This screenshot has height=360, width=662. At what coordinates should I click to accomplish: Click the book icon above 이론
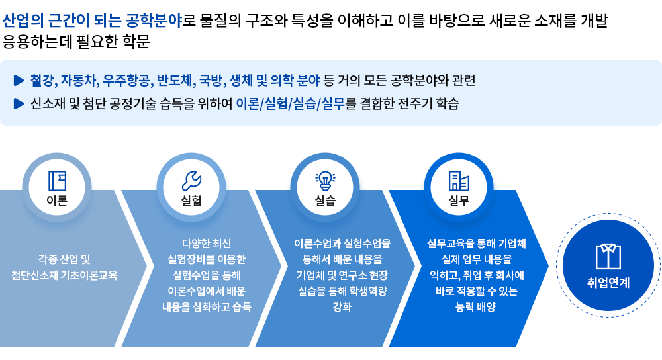coord(57,181)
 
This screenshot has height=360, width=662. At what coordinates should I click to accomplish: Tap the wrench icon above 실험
coord(191,181)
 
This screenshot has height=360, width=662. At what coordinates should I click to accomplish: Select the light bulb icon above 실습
coord(325,180)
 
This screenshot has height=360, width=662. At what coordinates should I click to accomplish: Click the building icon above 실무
coord(459,181)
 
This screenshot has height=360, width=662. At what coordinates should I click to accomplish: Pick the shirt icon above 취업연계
coord(608,256)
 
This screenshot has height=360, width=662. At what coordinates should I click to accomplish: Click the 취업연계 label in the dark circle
coord(608,283)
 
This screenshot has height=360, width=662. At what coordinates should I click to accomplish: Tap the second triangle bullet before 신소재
coord(19,104)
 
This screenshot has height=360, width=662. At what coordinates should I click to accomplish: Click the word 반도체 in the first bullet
coord(174,81)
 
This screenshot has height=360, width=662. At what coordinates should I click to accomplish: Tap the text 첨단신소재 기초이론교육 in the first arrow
coord(64,275)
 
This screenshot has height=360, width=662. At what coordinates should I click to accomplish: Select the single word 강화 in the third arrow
coord(342,307)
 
